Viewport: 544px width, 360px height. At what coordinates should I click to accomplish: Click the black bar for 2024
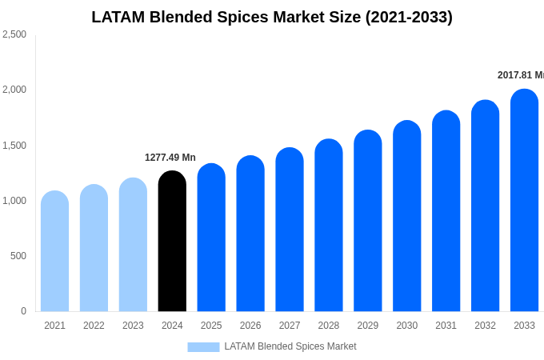(172, 242)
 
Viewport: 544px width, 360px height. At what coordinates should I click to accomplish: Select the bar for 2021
(54, 251)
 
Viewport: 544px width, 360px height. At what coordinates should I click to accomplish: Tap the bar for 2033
(524, 201)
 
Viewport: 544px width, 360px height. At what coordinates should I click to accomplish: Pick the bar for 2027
(290, 230)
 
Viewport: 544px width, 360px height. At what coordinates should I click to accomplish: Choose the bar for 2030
(406, 216)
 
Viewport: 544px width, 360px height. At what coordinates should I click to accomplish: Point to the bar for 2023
(133, 245)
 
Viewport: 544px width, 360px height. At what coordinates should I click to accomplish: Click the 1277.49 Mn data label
(170, 158)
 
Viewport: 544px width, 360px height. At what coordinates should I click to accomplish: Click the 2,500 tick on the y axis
(14, 34)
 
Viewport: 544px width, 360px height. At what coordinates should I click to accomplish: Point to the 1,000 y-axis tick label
(14, 201)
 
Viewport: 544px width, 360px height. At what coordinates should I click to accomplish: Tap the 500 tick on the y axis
(18, 256)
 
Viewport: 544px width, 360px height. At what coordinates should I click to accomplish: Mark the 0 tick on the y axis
(23, 311)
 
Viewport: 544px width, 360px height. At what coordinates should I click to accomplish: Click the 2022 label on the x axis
(94, 326)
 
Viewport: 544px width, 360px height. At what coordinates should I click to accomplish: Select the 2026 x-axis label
(250, 326)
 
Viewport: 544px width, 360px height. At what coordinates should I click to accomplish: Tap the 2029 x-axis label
(368, 326)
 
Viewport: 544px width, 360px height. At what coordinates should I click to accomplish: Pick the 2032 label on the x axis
(485, 326)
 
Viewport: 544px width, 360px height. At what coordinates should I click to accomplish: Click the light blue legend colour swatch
(203, 347)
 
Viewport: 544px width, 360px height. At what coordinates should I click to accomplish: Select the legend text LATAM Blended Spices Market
(290, 346)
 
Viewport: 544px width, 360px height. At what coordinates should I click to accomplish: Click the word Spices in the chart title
(241, 17)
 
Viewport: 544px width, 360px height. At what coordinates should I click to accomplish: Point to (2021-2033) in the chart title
(409, 17)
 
